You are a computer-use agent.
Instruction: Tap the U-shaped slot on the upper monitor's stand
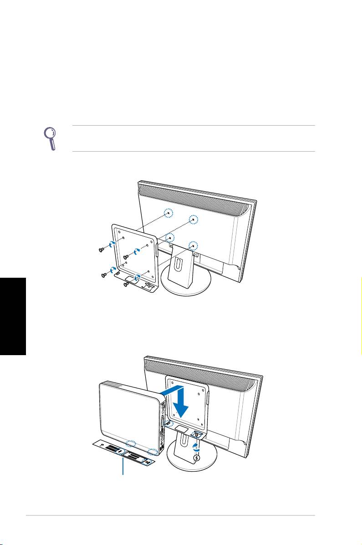[178, 264]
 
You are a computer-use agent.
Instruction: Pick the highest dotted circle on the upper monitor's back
[169, 213]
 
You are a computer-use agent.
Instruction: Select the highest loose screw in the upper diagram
[102, 249]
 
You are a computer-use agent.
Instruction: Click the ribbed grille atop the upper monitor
[196, 196]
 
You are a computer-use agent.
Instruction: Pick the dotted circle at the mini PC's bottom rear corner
[155, 453]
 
